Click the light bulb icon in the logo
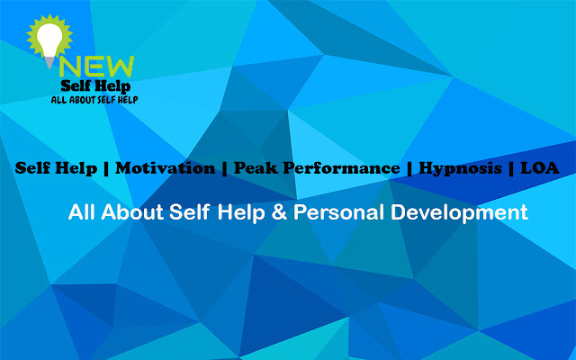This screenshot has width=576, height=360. (x=45, y=39)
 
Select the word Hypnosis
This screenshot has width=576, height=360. (x=459, y=168)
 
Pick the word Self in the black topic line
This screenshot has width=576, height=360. (x=33, y=167)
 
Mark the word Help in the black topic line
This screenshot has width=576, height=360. (x=76, y=168)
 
